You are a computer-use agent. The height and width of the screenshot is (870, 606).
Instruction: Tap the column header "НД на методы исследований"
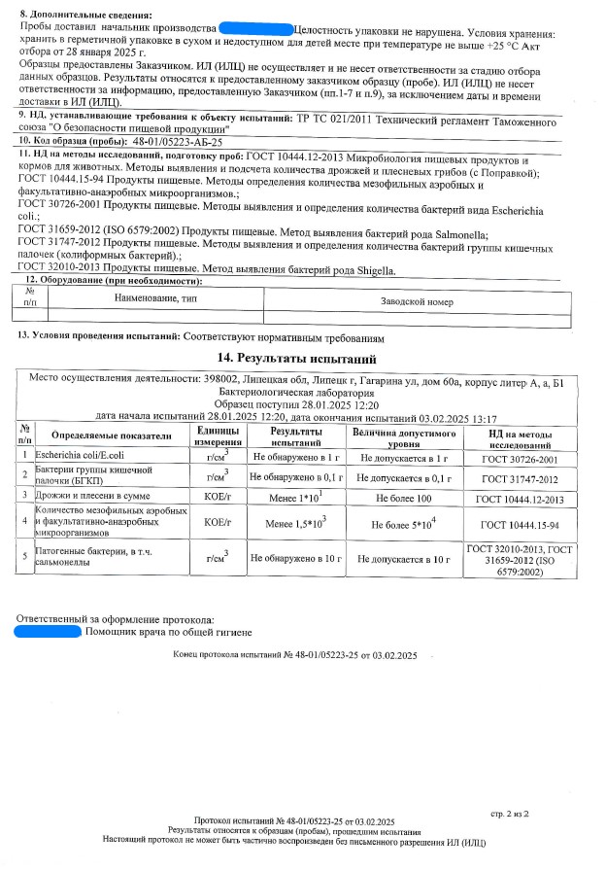click(520, 436)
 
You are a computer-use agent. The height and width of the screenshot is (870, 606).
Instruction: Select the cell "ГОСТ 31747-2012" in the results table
click(520, 477)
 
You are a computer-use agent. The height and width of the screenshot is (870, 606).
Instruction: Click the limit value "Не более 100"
click(403, 499)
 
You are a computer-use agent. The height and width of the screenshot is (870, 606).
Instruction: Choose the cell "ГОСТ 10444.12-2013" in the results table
click(520, 499)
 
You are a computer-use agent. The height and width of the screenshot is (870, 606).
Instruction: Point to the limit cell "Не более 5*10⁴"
click(405, 524)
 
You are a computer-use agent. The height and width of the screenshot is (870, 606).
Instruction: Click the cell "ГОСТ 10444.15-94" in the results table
click(520, 524)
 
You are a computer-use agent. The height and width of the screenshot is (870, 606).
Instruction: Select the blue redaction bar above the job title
click(48, 631)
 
